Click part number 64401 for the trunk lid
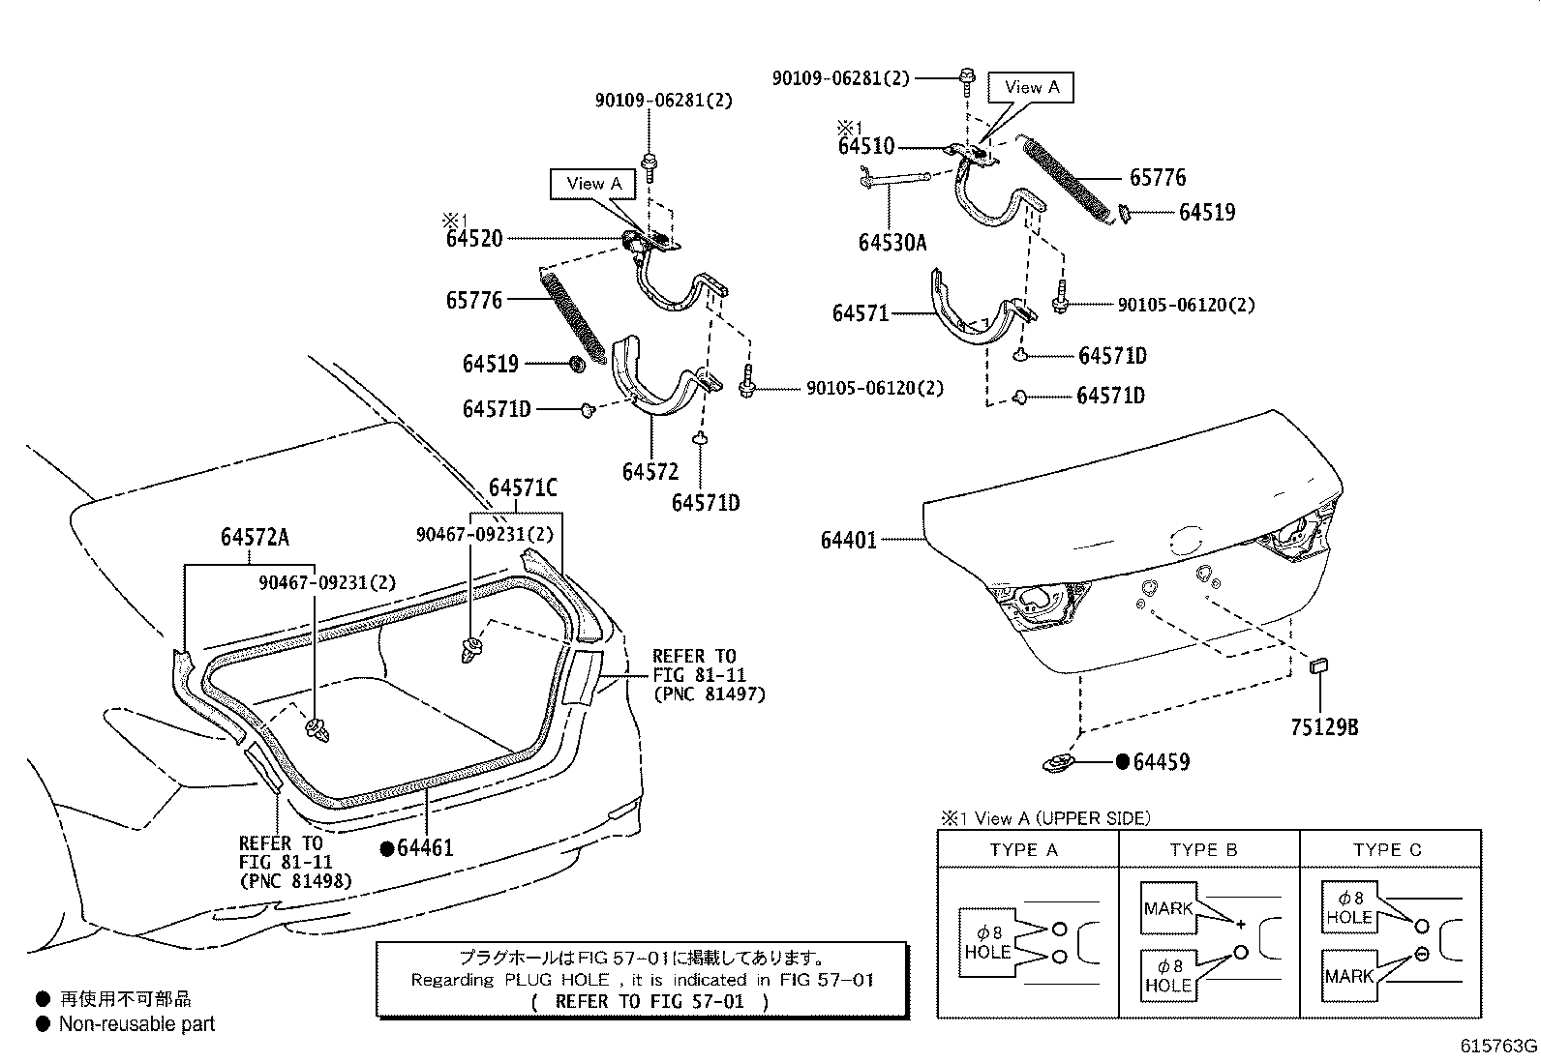[x=848, y=540]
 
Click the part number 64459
[x=1161, y=762]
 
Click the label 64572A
[x=255, y=538]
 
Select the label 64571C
[x=523, y=488]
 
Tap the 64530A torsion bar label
[x=891, y=242]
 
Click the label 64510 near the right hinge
[x=866, y=147]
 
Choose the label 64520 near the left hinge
[x=474, y=238]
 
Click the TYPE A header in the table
[x=1025, y=850]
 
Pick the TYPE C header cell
[x=1387, y=850]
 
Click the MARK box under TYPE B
[x=1168, y=908]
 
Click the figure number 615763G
[x=1498, y=1047]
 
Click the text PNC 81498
[x=295, y=881]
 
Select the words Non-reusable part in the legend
[x=136, y=1023]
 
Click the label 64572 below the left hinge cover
[x=650, y=471]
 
